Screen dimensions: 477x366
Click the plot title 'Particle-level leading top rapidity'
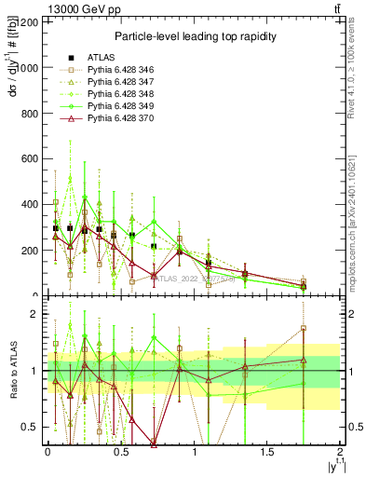193,36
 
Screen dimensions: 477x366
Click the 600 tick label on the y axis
29,159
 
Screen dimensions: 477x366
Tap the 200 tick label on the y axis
29,251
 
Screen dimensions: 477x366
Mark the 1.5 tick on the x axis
267,453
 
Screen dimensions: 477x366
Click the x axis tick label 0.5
120,453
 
